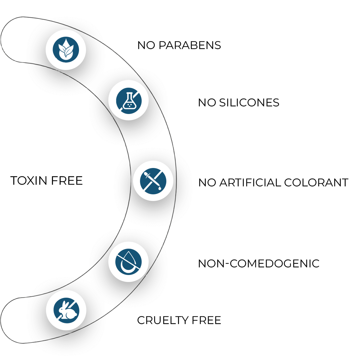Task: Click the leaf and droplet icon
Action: point(66,50)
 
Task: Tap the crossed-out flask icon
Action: point(128,100)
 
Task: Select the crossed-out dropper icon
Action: point(153,181)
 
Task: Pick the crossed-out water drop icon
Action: point(128,262)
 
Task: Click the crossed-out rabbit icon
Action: point(66,310)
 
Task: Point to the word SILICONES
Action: point(249,103)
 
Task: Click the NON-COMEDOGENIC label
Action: point(258,264)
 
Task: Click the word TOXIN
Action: point(28,181)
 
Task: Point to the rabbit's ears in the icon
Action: point(62,305)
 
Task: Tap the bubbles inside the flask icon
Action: point(129,105)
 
